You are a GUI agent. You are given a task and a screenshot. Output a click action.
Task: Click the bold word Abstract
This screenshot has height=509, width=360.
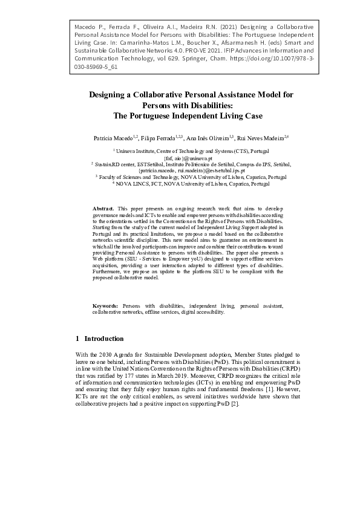click(103, 208)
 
